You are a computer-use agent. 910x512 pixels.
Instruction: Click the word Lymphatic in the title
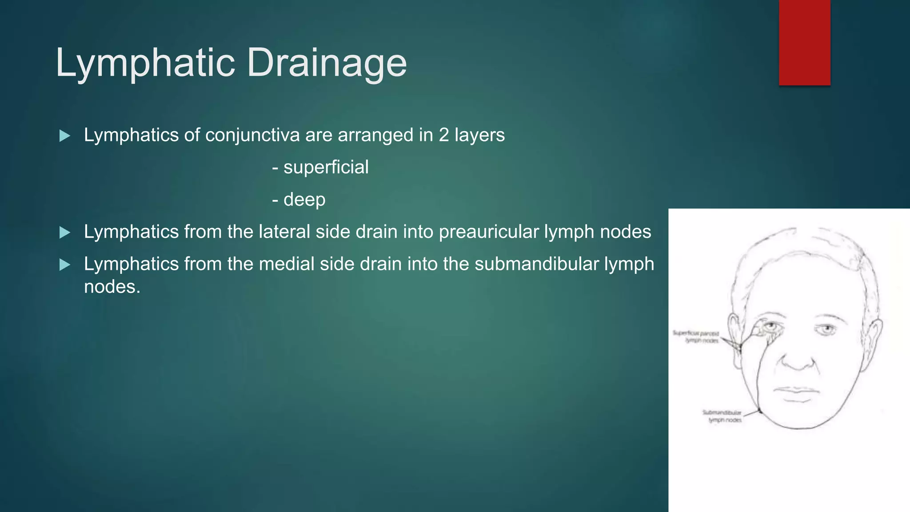pos(145,63)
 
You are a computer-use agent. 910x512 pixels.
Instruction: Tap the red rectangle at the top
pos(804,43)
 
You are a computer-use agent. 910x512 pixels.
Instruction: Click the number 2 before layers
pos(443,135)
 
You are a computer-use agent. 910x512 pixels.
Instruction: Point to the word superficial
pos(326,168)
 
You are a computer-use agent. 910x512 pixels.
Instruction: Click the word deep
pos(304,200)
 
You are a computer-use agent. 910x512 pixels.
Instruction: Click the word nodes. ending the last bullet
pos(112,287)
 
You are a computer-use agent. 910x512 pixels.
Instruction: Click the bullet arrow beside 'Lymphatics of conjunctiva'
pos(65,136)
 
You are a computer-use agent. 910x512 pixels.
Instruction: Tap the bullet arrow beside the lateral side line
pos(65,232)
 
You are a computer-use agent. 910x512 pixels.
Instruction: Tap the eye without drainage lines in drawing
pos(827,329)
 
